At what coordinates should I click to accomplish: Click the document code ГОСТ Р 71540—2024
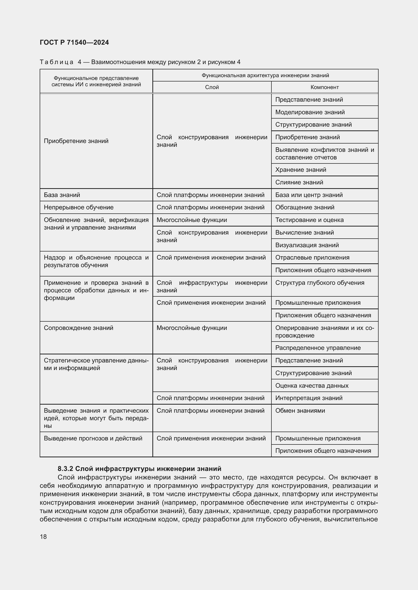pos(74,42)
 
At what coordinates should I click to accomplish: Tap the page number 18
pos(43,537)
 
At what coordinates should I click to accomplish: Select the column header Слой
pos(212,87)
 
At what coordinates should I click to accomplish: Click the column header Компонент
pos(324,87)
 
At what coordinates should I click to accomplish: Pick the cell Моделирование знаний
pos(310,112)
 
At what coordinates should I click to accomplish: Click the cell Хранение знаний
pos(300,170)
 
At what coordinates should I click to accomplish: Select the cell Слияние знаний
pos(299,182)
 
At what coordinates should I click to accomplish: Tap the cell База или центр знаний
pos(309,195)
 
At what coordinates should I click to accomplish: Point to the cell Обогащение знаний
pos(305,207)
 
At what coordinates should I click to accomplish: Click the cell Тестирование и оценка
pos(309,220)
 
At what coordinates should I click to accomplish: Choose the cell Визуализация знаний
pos(307,245)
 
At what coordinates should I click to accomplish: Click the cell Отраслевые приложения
pos(312,258)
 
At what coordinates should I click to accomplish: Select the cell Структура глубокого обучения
pos(319,283)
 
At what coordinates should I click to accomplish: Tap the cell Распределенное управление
pos(318,348)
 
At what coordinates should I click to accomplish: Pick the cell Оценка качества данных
pos(311,385)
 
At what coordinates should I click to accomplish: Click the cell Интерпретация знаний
pos(309,398)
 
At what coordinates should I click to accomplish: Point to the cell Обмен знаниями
pos(300,410)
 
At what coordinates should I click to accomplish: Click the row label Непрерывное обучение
pos(79,207)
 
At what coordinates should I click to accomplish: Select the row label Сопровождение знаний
pos(78,328)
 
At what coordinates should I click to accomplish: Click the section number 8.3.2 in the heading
pos(65,468)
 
